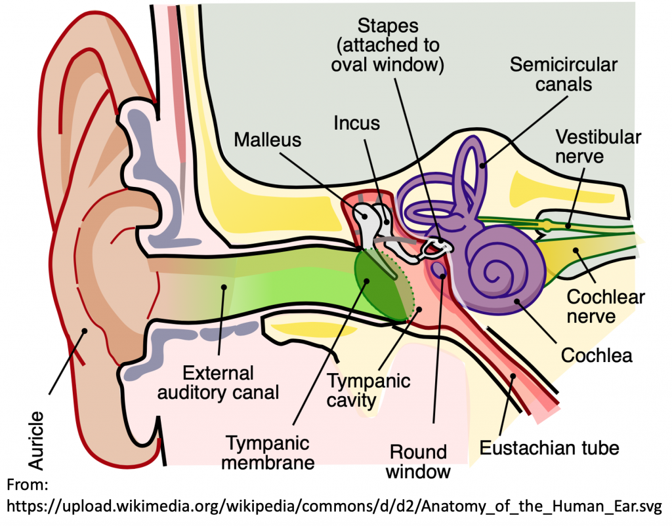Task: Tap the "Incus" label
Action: point(356,123)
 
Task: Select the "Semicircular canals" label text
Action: point(563,74)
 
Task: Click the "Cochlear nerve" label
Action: point(605,306)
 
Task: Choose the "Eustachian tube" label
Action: point(549,449)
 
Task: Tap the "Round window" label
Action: point(417,461)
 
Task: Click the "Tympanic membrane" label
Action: point(270,452)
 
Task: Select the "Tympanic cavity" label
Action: point(368,390)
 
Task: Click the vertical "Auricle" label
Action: point(37,440)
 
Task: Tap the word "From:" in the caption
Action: point(28,485)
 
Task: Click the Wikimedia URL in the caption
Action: point(334,506)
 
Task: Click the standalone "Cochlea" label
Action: point(596,355)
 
